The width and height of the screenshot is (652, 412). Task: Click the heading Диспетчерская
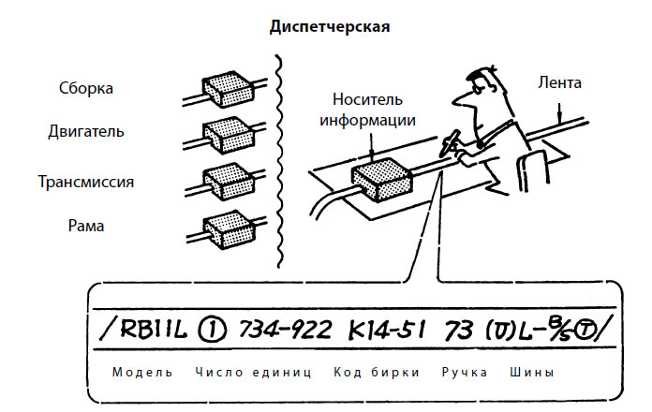[x=329, y=26]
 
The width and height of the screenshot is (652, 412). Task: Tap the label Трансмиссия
[x=85, y=181]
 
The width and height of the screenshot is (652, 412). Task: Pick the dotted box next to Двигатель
[x=229, y=133]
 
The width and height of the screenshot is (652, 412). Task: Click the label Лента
[x=559, y=83]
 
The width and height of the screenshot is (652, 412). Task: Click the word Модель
[x=142, y=372]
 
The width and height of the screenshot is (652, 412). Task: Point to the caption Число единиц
[x=253, y=372]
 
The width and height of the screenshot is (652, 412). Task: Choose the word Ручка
[x=464, y=372]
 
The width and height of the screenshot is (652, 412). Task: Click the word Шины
[x=531, y=372]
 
